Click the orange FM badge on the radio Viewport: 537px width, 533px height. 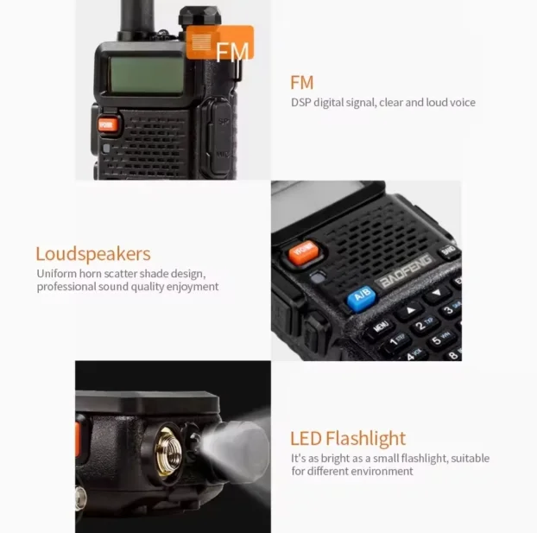point(220,43)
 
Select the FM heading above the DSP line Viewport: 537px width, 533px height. point(301,83)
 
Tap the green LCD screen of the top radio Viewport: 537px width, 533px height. point(146,74)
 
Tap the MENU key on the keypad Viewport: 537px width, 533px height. point(380,327)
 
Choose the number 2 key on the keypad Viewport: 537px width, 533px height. point(424,323)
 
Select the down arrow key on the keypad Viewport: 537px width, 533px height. point(436,293)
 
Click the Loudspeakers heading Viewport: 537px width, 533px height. point(93,254)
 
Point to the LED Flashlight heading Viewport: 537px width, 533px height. point(348,438)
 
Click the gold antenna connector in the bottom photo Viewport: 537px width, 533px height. point(168,452)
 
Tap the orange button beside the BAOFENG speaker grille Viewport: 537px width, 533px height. point(304,252)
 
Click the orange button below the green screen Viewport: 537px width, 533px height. point(108,125)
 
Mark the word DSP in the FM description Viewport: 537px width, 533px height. point(300,103)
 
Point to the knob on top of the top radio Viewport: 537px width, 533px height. point(199,16)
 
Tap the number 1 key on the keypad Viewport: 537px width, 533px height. point(397,341)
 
